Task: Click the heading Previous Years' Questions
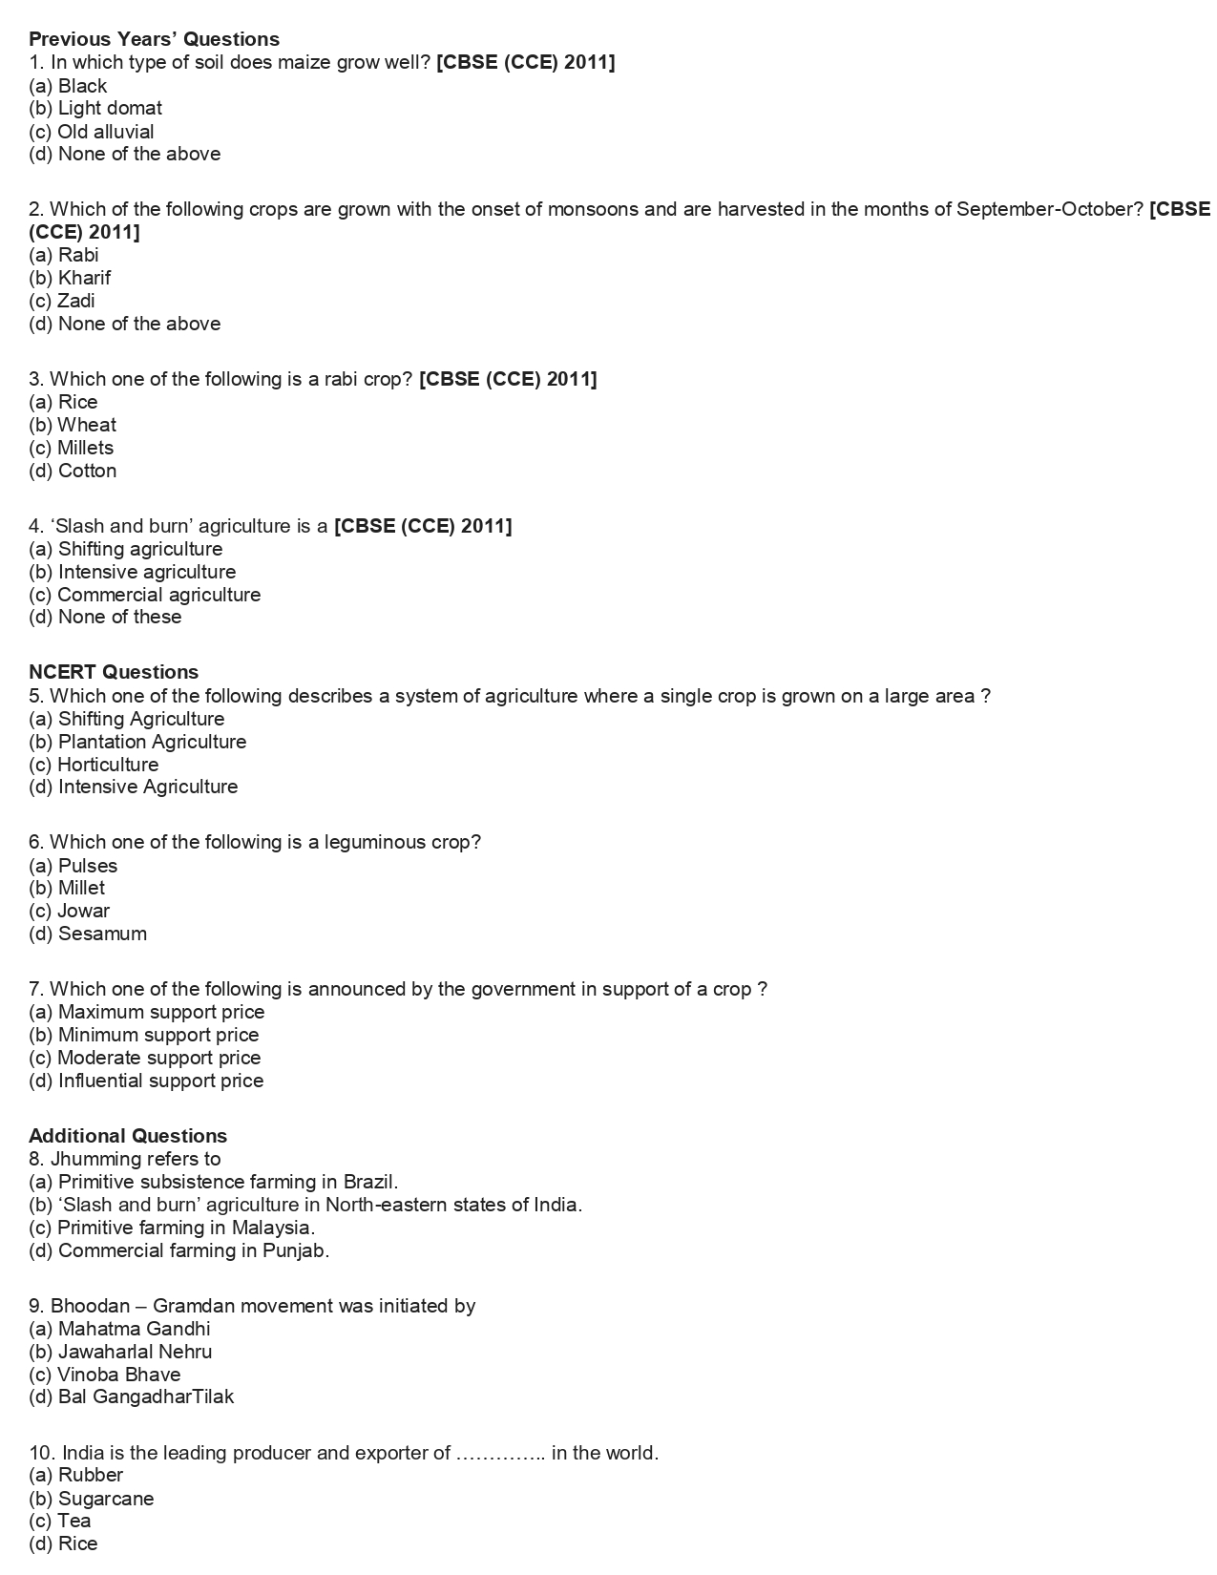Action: [154, 39]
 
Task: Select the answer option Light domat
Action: [95, 108]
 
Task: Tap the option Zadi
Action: [62, 301]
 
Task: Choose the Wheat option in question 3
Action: [73, 425]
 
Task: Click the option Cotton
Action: [73, 471]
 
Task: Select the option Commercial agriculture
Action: [144, 595]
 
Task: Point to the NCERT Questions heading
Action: [114, 672]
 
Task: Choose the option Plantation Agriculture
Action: [137, 742]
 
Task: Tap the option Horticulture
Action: [94, 765]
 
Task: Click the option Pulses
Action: [73, 866]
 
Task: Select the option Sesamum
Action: [88, 934]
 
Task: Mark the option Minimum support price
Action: [144, 1035]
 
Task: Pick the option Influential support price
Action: [146, 1081]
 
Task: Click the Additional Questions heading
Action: [128, 1136]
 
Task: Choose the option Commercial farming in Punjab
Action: [179, 1250]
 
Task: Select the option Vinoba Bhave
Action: [105, 1375]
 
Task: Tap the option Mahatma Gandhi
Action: [119, 1329]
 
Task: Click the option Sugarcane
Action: [92, 1499]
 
